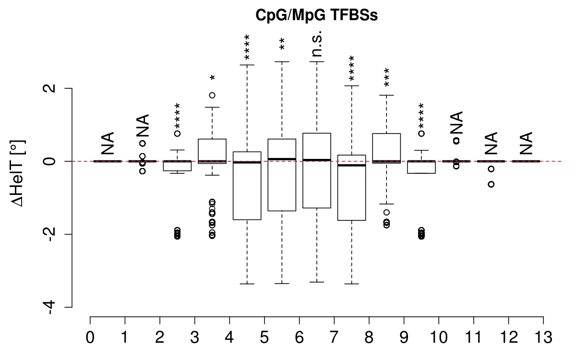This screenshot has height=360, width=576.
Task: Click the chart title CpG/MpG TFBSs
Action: click(x=317, y=15)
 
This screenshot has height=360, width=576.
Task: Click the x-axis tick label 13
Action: click(x=543, y=337)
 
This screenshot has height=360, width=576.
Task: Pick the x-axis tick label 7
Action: click(x=334, y=337)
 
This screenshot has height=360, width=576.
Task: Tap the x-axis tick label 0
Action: click(x=90, y=337)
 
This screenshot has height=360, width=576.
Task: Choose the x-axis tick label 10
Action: click(x=439, y=337)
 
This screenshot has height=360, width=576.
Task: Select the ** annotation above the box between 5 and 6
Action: click(x=282, y=44)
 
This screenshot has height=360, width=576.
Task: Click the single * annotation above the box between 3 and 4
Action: click(x=212, y=78)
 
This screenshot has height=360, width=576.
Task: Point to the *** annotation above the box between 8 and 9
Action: click(x=387, y=77)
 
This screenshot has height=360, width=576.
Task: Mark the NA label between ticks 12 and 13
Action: click(x=526, y=143)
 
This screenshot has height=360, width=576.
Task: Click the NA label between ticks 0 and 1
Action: click(x=108, y=143)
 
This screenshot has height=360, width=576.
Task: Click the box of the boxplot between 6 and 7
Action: click(x=317, y=170)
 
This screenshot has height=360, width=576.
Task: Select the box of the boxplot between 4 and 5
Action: click(x=247, y=186)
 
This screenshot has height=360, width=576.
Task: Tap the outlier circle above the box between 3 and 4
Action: click(x=212, y=95)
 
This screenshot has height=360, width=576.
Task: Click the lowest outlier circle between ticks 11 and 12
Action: click(x=491, y=184)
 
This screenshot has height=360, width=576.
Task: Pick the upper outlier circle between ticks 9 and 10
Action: click(x=421, y=133)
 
